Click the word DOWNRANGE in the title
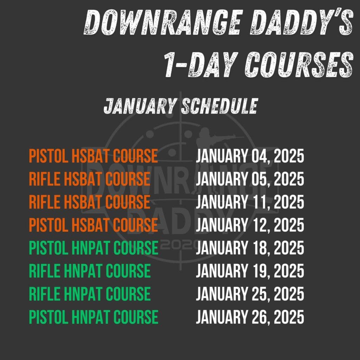coord(163,22)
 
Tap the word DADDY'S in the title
coord(302,22)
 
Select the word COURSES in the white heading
coord(299,65)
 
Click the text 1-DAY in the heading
coord(201,65)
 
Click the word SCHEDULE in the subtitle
coord(220,106)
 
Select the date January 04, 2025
coord(250,156)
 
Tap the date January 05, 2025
coord(250,179)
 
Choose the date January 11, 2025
coord(250,202)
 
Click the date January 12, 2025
coord(250,225)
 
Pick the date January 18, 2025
coord(250,248)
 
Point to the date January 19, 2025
coord(250,271)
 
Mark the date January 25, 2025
coord(250,294)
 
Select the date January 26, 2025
coord(250,317)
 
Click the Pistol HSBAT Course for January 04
coord(94,156)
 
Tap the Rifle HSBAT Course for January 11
coord(90,202)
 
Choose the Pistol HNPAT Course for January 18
coord(94,248)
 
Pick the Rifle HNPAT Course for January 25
coord(90,294)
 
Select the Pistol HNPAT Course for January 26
coord(94,317)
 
